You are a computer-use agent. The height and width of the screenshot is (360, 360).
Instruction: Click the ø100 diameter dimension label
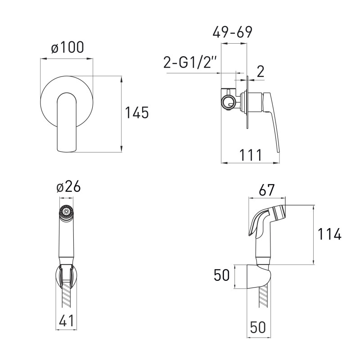pyautogui.click(x=67, y=48)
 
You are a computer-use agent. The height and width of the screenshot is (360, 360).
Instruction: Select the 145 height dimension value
pyautogui.click(x=137, y=112)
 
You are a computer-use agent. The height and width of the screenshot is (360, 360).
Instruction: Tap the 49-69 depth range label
pyautogui.click(x=232, y=32)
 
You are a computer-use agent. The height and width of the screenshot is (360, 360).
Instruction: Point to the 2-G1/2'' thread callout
pyautogui.click(x=189, y=62)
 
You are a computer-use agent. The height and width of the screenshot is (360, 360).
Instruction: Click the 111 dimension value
pyautogui.click(x=251, y=155)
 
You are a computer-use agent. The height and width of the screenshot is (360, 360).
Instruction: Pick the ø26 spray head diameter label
pyautogui.click(x=68, y=186)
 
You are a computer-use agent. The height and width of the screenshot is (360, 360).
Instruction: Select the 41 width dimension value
pyautogui.click(x=67, y=320)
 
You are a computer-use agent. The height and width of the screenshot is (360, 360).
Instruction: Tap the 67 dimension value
pyautogui.click(x=266, y=190)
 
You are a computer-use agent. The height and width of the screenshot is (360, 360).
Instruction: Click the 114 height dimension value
pyautogui.click(x=329, y=234)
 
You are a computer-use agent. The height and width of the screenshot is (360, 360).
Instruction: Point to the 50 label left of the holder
pyautogui.click(x=221, y=275)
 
